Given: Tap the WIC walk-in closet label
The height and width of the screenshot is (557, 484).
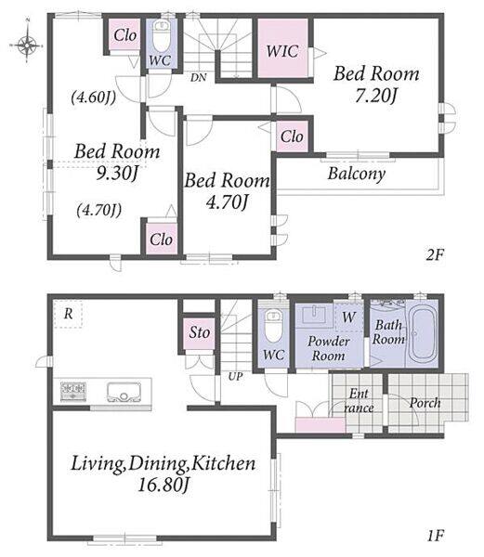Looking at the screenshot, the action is pos(282,51).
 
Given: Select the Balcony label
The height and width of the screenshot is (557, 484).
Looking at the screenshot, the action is pos(357,174).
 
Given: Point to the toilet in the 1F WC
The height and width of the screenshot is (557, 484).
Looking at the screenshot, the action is pos(274,326).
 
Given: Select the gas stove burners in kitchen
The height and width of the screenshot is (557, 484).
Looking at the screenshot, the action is pos(73,392).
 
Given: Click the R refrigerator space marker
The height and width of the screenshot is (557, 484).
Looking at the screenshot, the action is pos(68,314).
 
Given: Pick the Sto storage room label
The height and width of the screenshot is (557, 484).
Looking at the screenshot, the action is pos(199,332).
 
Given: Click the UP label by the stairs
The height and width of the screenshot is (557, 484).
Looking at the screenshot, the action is pos(236,376).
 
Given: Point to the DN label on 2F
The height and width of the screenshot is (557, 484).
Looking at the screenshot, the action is pos(198,77).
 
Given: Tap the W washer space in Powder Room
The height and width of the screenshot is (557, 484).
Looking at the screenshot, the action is pos(349,317).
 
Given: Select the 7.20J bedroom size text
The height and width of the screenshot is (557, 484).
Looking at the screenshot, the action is pos(376,96).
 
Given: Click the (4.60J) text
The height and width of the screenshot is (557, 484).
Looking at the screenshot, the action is pos(94,97).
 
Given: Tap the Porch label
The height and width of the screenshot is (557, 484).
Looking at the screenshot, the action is pos(425,403).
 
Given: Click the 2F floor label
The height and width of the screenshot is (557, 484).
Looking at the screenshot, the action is pos(435,254).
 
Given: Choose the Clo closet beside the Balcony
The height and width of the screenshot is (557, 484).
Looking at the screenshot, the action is pos(292,136).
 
